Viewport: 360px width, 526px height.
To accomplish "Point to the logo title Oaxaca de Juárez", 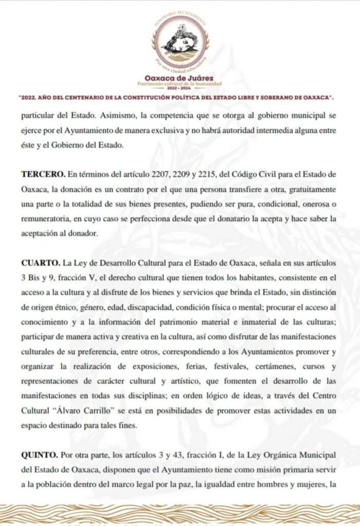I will (x=179, y=78).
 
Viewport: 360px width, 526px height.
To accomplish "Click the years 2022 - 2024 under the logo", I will (x=180, y=88).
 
